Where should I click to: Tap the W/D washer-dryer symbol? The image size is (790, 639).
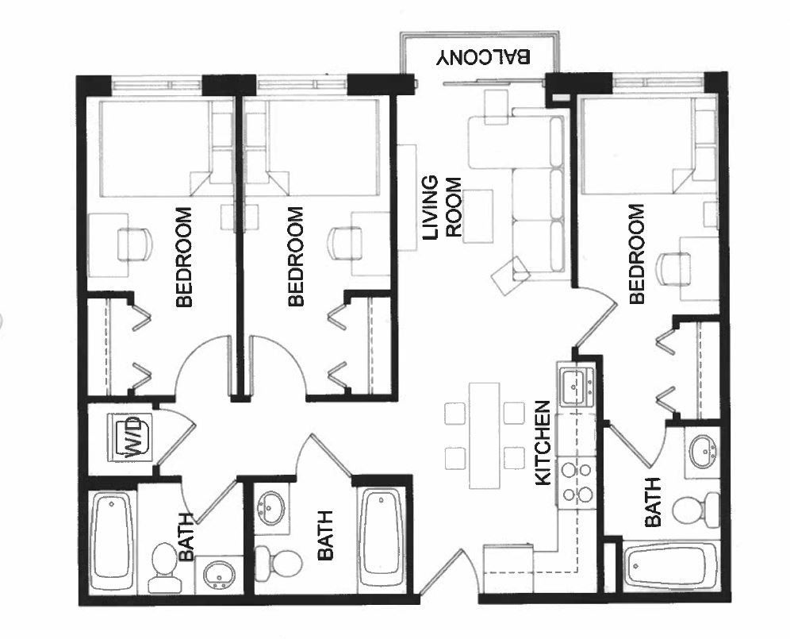[x=128, y=437]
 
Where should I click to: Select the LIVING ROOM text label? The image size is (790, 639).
[x=441, y=207]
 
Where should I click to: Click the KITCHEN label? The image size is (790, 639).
[x=543, y=443]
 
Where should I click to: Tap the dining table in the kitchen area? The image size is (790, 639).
[x=484, y=435]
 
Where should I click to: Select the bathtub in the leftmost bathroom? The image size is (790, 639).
[x=112, y=540]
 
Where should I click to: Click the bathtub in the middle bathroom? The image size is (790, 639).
[x=382, y=533]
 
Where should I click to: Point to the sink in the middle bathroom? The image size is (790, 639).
[x=274, y=506]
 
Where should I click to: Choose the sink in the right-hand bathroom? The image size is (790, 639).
[x=701, y=452]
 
